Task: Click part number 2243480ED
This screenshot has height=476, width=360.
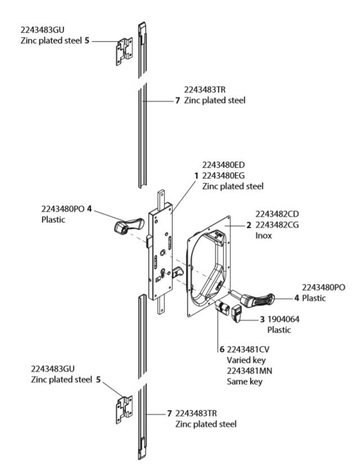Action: pos(223,165)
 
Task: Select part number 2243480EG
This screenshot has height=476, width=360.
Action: pos(223,176)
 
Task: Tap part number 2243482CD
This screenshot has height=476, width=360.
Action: pos(277,214)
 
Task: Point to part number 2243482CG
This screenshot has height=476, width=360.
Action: pos(277,224)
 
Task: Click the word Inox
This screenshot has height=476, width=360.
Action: pos(263,236)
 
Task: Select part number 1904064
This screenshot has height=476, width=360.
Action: pos(283,319)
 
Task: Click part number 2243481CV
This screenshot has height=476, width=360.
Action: pos(248,349)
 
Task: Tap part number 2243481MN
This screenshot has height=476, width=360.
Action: pos(249,371)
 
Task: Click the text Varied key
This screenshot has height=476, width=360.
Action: pos(246,360)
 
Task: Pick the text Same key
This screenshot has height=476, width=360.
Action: pos(244,382)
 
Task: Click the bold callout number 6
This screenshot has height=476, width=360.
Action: pos(222,349)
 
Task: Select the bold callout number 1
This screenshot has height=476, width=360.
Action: pos(196,176)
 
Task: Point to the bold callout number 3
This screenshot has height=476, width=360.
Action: pos(262,320)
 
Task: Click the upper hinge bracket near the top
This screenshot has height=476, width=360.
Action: pos(124,52)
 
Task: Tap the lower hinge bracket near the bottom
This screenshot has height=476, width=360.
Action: pos(124,410)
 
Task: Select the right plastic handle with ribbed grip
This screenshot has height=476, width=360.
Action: pos(253,298)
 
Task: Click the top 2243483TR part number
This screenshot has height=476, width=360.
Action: pos(205,89)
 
